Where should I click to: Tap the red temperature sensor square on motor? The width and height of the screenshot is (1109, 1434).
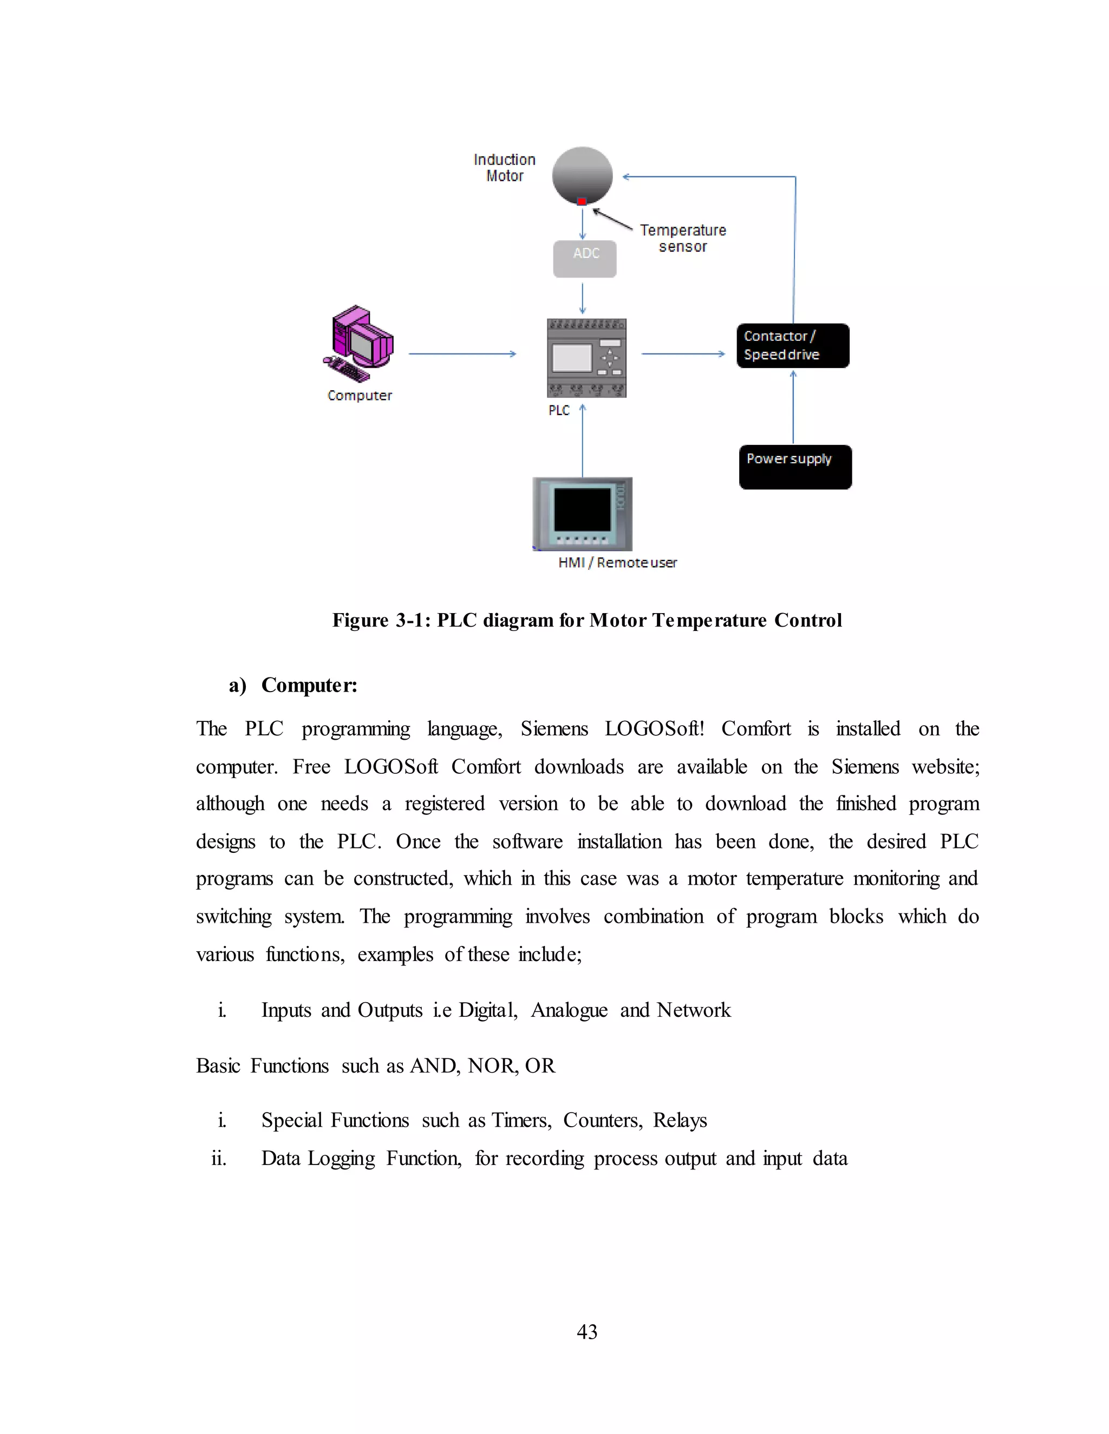coord(582,202)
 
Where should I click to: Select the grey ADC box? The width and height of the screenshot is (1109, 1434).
coord(585,259)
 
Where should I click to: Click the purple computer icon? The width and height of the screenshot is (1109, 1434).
coord(360,343)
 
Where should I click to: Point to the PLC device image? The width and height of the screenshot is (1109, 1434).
coord(586,358)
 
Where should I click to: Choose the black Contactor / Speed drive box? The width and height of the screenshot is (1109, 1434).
coord(792,345)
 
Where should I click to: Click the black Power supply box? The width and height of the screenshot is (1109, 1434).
coord(795,467)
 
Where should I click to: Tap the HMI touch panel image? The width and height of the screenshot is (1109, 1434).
coord(582,514)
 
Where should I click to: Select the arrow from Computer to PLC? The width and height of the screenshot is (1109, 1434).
coord(462,354)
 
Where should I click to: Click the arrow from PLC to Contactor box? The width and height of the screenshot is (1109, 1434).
coord(683,354)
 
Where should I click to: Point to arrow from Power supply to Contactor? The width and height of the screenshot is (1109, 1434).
coord(793,407)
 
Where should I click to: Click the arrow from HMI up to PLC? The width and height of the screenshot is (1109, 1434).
coord(582,440)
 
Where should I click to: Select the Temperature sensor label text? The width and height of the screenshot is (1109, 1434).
coord(683,238)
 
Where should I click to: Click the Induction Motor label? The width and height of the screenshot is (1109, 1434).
coord(505,167)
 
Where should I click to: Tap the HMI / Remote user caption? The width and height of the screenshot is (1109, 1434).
coord(617,563)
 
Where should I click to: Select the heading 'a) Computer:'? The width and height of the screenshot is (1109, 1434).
coord(293,685)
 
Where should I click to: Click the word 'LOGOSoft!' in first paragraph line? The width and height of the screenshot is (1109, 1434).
coord(654,729)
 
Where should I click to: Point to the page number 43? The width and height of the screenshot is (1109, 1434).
coord(586,1331)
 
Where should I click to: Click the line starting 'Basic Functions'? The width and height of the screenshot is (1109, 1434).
coord(375,1065)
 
